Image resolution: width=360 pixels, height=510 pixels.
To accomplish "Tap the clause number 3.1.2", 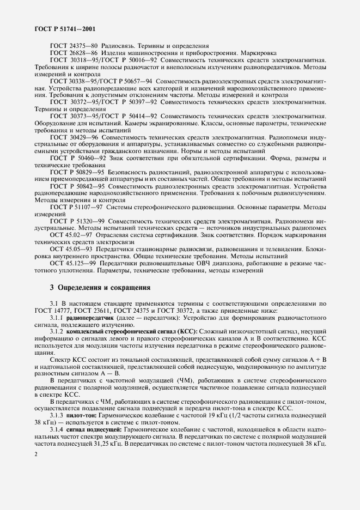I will pos(57,332).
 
